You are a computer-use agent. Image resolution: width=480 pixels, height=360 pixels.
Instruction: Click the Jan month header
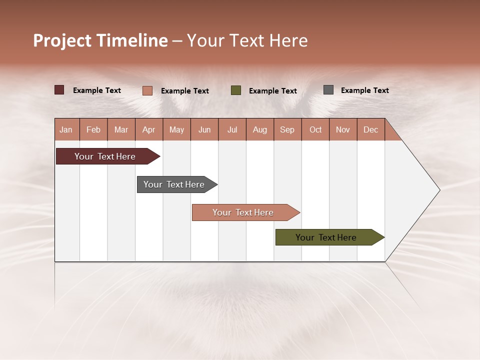pos(66,129)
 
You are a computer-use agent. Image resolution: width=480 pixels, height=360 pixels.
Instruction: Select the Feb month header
pos(93,129)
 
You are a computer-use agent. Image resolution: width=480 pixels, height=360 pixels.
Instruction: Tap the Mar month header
pos(121,129)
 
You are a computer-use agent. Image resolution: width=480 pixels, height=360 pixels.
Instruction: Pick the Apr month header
pos(149,129)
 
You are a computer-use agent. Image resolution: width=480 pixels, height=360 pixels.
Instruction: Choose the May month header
pos(176,129)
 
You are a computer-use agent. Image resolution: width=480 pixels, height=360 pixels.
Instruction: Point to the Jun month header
pos(204,129)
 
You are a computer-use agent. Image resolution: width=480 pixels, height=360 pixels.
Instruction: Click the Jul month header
pos(232,129)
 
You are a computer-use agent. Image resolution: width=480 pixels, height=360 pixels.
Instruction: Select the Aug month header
pos(260,129)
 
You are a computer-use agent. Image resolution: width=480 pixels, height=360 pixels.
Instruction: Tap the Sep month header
pos(287,129)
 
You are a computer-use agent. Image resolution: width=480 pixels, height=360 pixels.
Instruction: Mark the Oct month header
pos(315,129)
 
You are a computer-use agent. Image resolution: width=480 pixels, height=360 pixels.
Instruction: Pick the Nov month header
pos(343,129)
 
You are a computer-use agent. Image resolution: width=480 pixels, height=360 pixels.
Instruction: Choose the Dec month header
pos(371,129)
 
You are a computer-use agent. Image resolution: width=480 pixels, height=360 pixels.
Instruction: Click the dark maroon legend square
pos(59,90)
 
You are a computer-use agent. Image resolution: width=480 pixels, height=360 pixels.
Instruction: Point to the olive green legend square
pos(236,90)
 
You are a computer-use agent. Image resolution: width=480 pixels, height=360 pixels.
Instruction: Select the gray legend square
pos(328,90)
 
